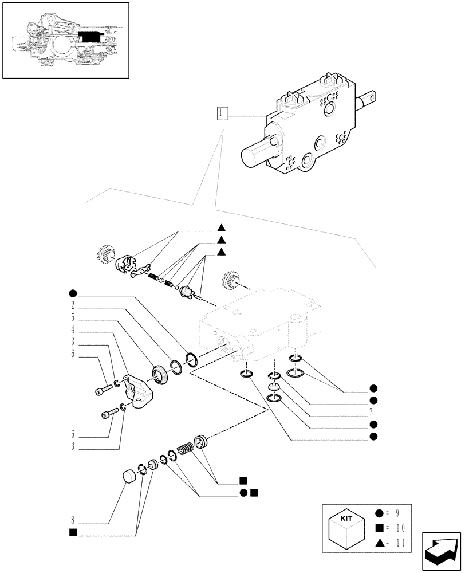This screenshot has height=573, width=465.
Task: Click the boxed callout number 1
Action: (222, 113)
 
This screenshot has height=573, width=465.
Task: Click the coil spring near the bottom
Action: (187, 449)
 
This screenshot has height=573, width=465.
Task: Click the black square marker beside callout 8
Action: (73, 532)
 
